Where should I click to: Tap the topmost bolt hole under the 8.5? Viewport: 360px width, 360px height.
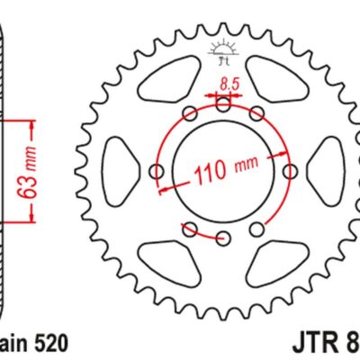(x=222, y=106)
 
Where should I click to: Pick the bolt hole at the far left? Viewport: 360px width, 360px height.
(x=156, y=171)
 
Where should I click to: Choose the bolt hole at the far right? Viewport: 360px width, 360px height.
(x=289, y=171)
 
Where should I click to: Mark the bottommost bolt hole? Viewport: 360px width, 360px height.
(x=222, y=237)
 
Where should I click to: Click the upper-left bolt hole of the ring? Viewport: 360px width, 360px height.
(x=189, y=114)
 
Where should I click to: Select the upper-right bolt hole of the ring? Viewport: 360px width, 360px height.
(x=256, y=114)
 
